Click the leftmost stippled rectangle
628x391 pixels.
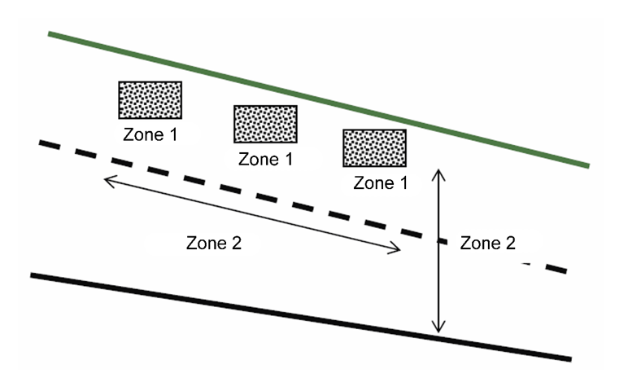click(150, 100)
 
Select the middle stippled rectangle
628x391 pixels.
click(265, 124)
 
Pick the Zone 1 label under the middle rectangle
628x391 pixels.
click(265, 159)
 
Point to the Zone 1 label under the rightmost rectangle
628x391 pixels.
click(380, 183)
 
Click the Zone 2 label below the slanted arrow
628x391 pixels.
click(214, 243)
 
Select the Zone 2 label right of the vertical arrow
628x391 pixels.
click(487, 243)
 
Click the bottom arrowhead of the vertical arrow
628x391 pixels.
click(439, 329)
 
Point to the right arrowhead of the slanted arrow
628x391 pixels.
click(398, 251)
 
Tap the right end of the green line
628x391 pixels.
click(587, 166)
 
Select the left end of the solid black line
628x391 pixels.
click(33, 275)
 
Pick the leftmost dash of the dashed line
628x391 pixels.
click(51, 145)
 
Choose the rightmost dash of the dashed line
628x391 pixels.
click(554, 270)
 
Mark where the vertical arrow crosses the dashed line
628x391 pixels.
click(439, 240)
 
